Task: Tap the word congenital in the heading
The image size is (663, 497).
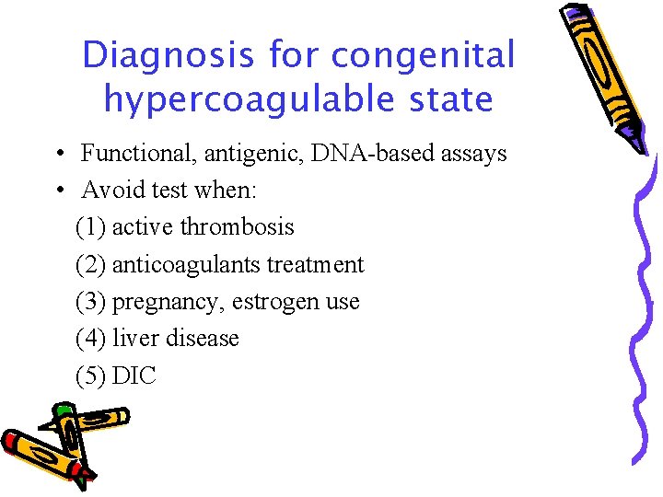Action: pos(423,55)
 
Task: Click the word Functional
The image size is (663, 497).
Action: pos(133,153)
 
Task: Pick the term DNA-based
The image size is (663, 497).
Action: pos(355,153)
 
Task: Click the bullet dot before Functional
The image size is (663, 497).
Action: pos(58,153)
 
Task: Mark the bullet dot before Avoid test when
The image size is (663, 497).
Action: pos(58,190)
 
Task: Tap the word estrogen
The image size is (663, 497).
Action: pos(276,302)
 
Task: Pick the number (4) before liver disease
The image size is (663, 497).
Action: pos(90,339)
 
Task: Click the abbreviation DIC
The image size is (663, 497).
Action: pos(134,376)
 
